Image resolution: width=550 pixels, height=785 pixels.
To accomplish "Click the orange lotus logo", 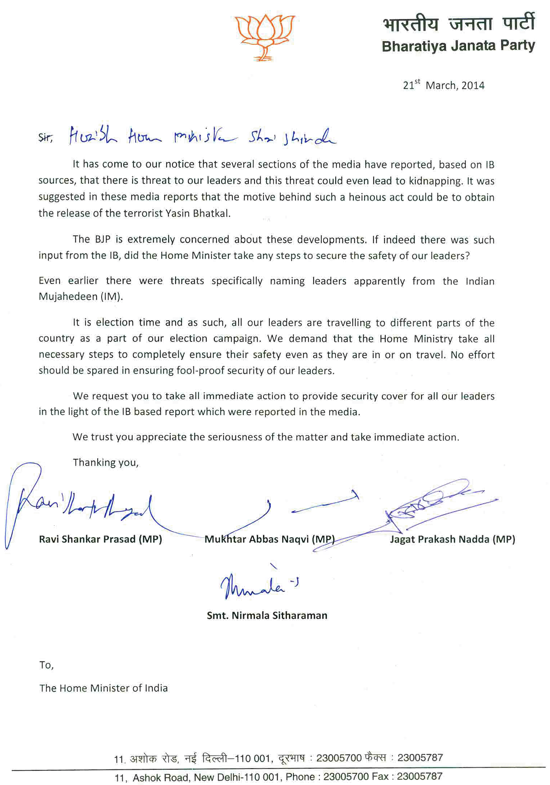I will pos(265,37).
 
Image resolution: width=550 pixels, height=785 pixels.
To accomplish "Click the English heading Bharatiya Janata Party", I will pos(458,46).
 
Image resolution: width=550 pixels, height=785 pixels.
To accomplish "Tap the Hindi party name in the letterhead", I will pos(459,23).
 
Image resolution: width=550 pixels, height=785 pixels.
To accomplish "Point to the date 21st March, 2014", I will pos(444,85).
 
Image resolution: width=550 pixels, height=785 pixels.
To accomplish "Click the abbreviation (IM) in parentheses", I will pos(111,297).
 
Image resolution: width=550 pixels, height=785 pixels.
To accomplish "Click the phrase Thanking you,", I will pos(106,462).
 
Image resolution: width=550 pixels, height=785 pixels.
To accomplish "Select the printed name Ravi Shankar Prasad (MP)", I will pos(100,539).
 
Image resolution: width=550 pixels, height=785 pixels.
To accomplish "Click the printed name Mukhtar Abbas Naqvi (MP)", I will pos(269,539).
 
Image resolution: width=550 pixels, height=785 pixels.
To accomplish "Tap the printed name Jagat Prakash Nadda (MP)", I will pos(452,539).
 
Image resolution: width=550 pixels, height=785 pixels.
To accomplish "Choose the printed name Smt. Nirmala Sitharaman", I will pos(267,615).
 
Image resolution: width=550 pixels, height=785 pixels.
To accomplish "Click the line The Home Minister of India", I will pos(103,688).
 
